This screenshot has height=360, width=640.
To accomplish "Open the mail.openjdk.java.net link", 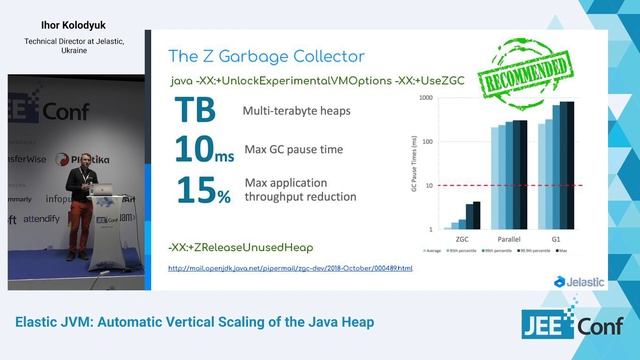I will tap(290, 268).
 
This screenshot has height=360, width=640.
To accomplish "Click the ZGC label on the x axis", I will tap(462, 239).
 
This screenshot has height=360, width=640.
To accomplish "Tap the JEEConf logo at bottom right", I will tap(574, 324).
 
